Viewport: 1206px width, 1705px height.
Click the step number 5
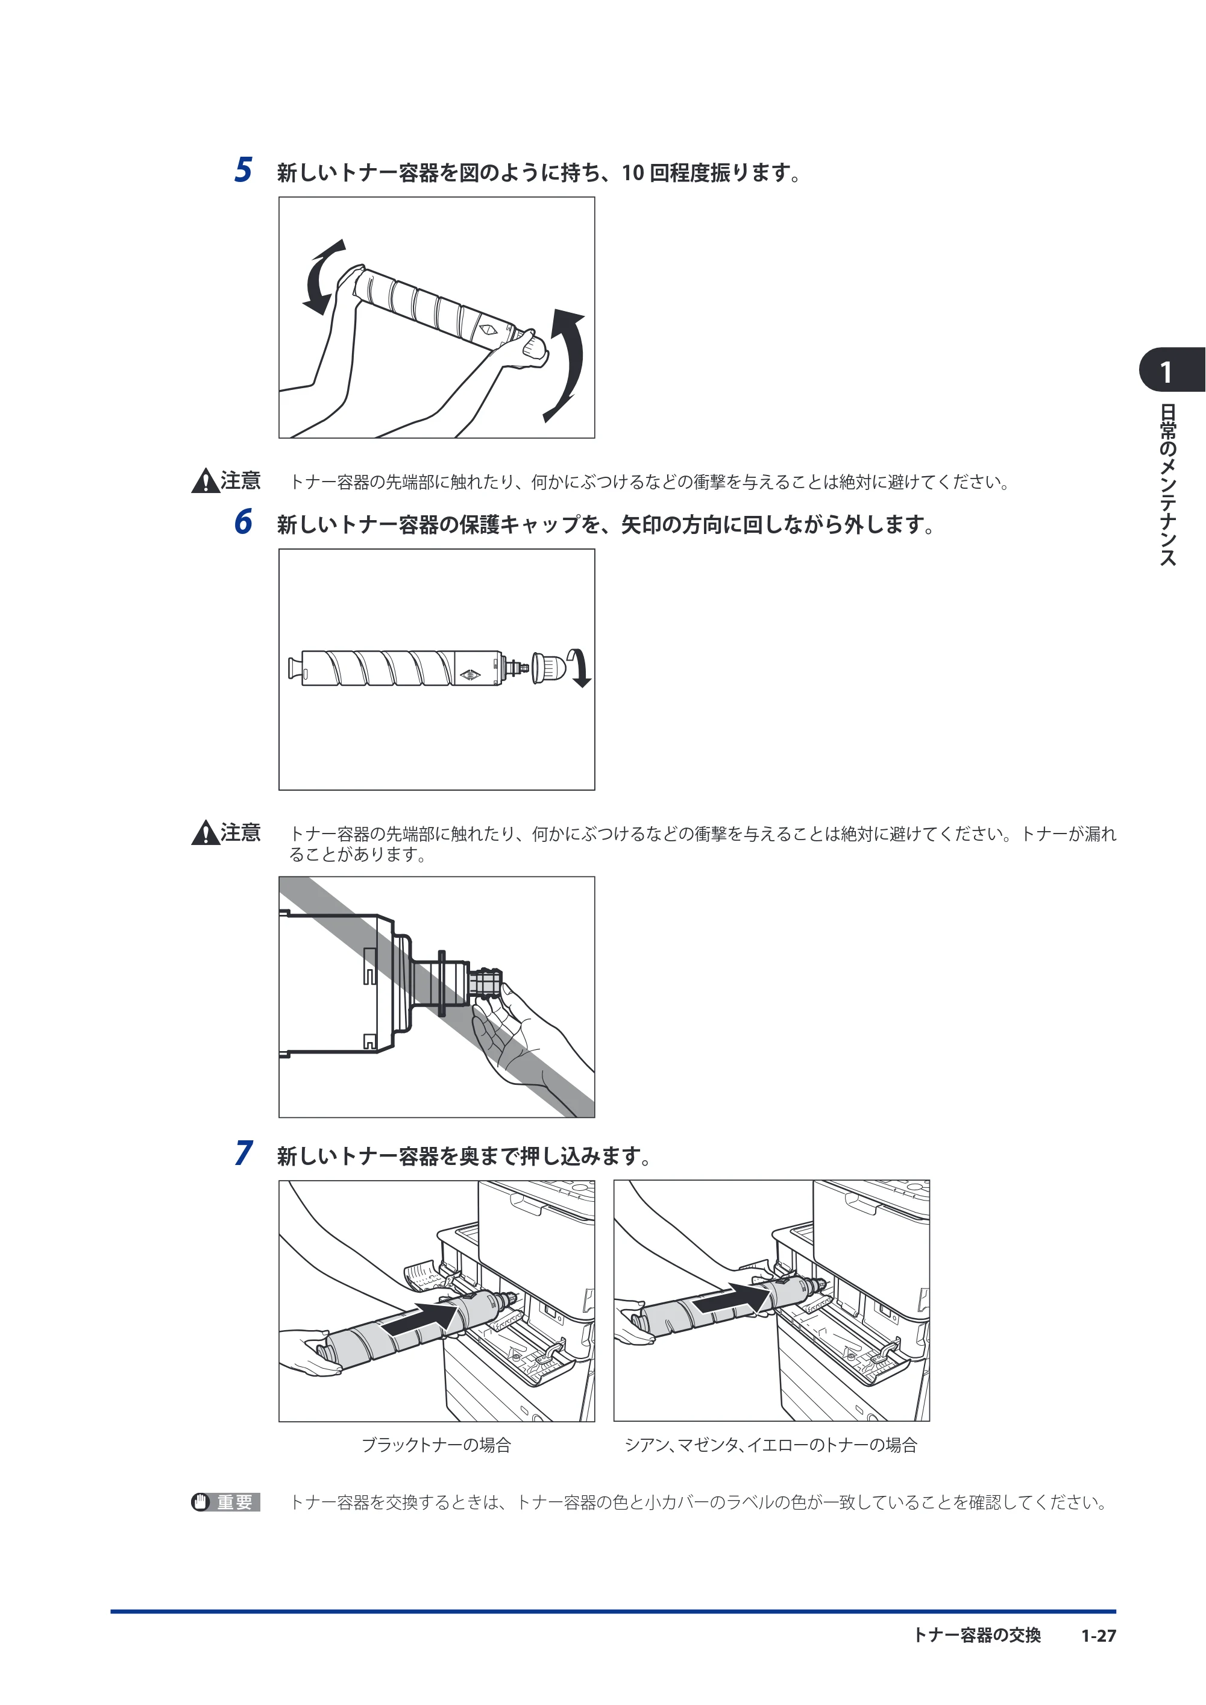pos(243,170)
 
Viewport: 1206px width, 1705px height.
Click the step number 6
pos(243,521)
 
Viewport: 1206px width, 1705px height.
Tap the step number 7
pos(243,1154)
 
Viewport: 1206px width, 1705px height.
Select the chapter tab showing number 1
pos(1172,370)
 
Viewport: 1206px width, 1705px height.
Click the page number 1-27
pos(1098,1635)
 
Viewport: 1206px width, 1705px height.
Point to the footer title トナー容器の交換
pos(976,1635)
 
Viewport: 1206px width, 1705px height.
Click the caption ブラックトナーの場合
pos(436,1445)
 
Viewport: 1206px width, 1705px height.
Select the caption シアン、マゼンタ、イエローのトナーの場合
pos(771,1445)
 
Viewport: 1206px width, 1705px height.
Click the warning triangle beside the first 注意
pos(204,482)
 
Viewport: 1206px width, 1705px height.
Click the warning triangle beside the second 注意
pos(204,834)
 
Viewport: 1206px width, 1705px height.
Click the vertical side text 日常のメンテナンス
pos(1168,484)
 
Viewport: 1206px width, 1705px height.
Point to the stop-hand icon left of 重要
pos(201,1502)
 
